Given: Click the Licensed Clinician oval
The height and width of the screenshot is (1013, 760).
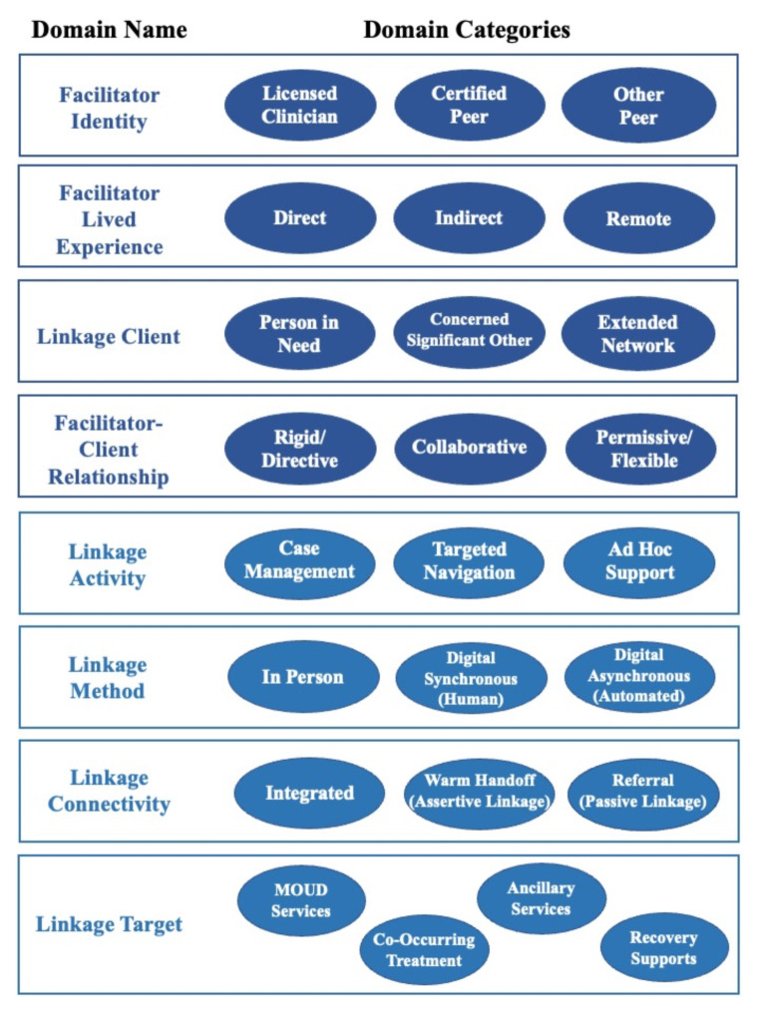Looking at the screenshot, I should [300, 105].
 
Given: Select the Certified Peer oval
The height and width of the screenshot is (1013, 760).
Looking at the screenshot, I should [470, 105].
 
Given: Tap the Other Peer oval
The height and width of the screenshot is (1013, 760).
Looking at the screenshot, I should [638, 106].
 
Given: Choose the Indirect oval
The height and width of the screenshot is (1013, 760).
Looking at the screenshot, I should [469, 217].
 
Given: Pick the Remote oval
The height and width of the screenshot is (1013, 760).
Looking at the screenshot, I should [638, 218].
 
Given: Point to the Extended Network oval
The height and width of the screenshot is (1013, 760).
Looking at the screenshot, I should [637, 334].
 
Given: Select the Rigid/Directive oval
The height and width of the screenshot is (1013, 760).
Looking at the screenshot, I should [300, 449].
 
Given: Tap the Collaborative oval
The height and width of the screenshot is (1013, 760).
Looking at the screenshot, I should [469, 448].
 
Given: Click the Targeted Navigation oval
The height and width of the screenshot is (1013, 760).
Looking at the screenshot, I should [469, 561].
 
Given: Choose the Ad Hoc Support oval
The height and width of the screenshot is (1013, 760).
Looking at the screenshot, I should [639, 561].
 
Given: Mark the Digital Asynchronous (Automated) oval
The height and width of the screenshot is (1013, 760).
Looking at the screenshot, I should [639, 676].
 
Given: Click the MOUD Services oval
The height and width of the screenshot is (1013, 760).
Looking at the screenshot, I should [301, 900].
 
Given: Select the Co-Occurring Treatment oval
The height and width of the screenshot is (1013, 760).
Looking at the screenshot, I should [425, 950].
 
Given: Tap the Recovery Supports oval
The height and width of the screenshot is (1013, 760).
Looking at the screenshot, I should [663, 948].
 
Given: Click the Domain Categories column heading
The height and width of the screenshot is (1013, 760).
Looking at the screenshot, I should [467, 30].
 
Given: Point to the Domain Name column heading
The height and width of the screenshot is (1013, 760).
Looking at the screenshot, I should [110, 30].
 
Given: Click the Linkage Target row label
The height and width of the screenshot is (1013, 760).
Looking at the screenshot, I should [110, 924].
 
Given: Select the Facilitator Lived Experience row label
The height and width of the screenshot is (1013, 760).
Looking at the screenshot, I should [110, 219].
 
